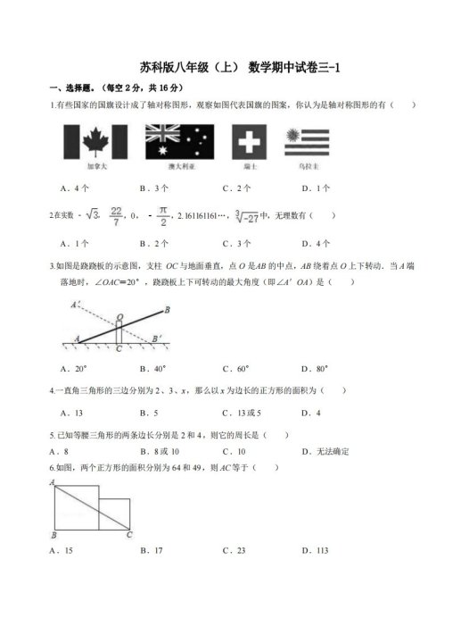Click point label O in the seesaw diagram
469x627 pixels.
click(x=119, y=316)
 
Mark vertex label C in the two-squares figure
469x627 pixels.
click(x=129, y=534)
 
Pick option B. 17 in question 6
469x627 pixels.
click(x=152, y=551)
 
